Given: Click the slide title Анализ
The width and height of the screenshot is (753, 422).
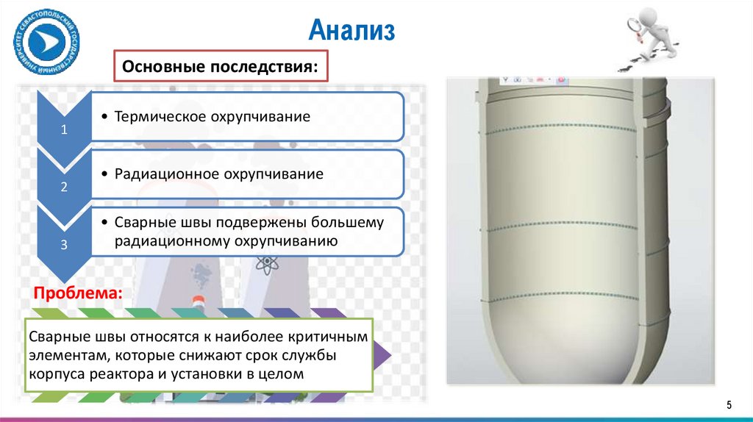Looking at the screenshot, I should (352, 31).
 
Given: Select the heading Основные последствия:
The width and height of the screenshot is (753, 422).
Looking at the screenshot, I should (221, 67).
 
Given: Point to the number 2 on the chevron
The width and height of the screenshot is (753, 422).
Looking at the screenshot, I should (64, 187).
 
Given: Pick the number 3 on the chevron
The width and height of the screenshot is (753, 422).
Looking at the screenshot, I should (64, 246).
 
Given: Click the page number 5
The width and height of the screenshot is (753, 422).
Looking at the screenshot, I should (729, 404).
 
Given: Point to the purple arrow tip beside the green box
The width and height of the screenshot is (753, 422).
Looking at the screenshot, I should (384, 356).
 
